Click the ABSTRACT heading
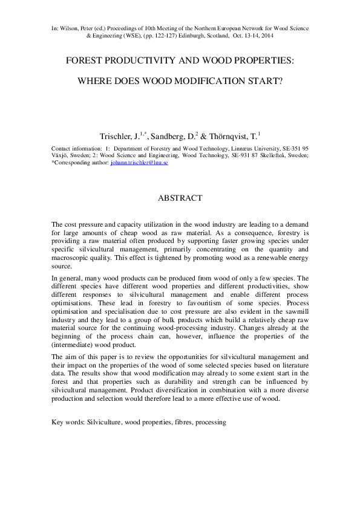coord(180,198)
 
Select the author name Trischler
coord(119,137)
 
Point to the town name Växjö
coord(61,155)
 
